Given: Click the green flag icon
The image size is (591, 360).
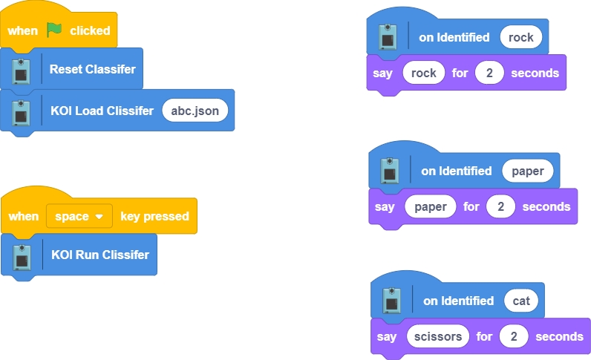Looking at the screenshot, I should [54, 30].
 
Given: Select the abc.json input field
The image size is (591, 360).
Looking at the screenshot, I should [195, 111].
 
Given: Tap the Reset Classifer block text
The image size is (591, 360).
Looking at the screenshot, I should [92, 69].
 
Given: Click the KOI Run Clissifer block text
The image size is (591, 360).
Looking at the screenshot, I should [99, 255].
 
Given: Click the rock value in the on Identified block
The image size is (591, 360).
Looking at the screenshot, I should [520, 37].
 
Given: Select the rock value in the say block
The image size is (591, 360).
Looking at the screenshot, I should [423, 73].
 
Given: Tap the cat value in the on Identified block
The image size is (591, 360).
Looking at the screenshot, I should [521, 301].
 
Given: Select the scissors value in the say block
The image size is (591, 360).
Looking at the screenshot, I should [438, 336].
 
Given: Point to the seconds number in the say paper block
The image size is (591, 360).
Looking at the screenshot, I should [501, 206].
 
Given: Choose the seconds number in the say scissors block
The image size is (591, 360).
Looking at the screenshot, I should [514, 336].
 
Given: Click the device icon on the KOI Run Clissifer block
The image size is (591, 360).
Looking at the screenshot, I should [23, 255].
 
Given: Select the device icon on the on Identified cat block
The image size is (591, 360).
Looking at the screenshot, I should [391, 301].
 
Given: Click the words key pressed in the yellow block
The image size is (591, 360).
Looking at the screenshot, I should [154, 216].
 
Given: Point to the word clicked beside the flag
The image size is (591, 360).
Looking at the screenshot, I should [90, 30].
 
